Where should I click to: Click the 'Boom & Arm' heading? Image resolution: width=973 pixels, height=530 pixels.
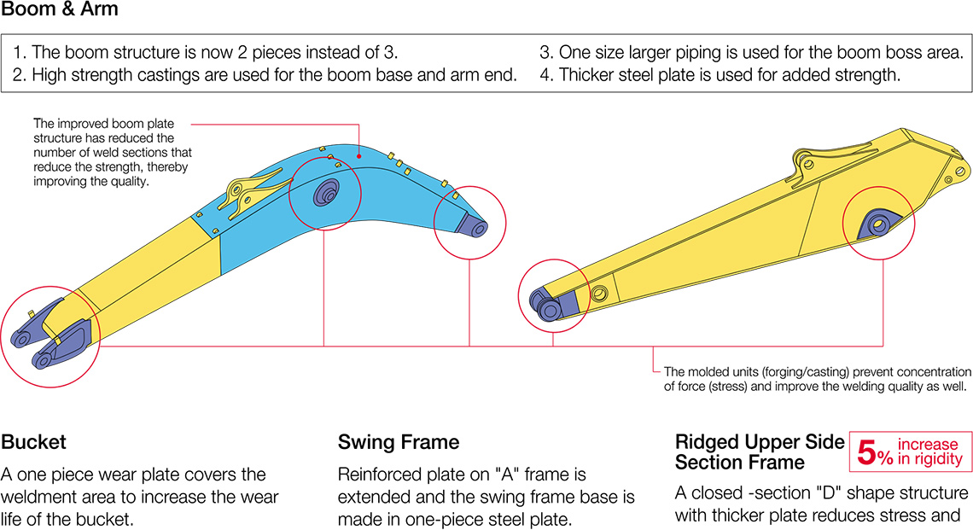(60, 11)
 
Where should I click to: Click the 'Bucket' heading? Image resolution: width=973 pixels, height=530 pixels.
(34, 442)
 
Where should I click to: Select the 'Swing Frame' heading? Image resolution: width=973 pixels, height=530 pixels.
(399, 442)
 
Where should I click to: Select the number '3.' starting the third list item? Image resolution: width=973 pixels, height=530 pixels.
(546, 52)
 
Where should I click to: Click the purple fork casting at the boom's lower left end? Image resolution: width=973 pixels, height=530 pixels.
(51, 337)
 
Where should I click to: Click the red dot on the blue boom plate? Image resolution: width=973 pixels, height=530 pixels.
(359, 156)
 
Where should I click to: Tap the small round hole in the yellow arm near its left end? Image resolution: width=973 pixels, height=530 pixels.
(599, 294)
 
